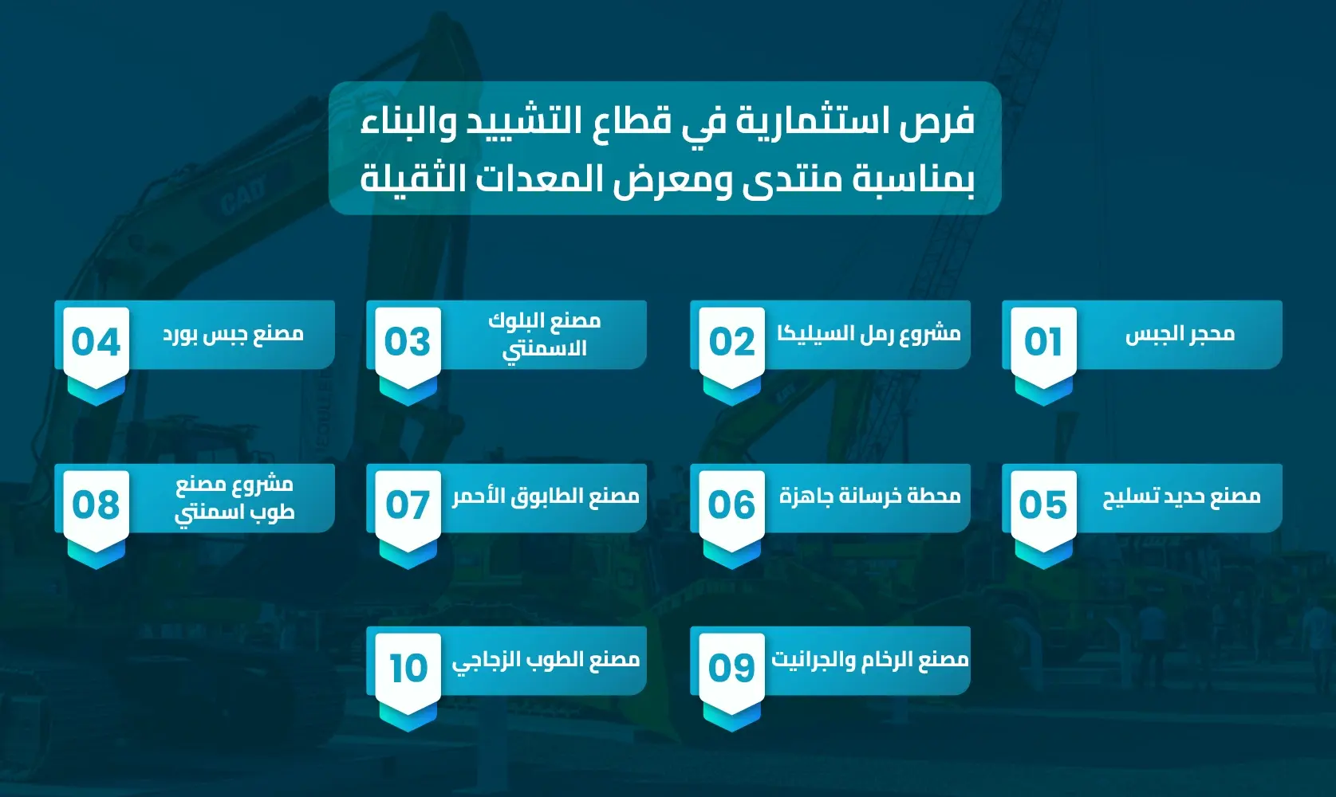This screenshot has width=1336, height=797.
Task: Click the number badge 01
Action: point(1043,342)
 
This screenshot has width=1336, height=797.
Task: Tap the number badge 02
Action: point(731,342)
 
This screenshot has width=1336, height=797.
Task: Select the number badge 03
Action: point(408,342)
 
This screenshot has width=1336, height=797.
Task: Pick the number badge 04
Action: point(96,342)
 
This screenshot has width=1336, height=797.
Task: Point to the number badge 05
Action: point(1043,505)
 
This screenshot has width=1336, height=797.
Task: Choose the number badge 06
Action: point(731,505)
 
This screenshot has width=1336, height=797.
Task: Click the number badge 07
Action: point(408,505)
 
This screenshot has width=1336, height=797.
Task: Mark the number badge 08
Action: point(96,505)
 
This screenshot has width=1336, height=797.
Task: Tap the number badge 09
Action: point(731,668)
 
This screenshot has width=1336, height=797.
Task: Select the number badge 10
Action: point(408,668)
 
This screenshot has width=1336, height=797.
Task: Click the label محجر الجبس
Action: point(1180,334)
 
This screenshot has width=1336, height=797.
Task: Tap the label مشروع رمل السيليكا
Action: point(869,334)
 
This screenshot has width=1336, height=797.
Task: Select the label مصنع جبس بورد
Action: point(234,334)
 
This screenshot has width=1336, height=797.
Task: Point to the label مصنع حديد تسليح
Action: point(1181,497)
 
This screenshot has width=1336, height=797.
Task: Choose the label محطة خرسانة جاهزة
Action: point(869,497)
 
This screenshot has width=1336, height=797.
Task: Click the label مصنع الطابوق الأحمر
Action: point(546,497)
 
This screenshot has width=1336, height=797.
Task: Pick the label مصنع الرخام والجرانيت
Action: point(869,660)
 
